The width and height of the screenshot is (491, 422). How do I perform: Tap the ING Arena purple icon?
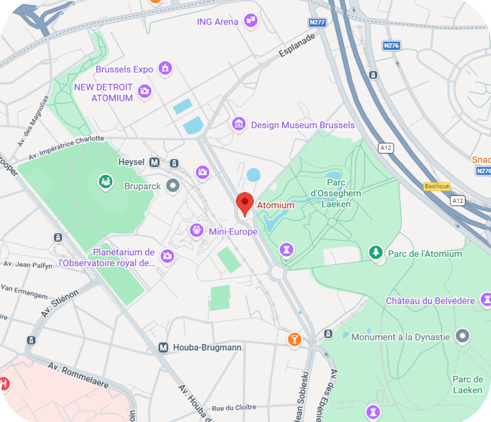[251, 21]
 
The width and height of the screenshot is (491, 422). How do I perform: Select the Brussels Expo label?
[124, 69]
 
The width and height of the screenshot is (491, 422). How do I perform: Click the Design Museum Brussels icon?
[239, 125]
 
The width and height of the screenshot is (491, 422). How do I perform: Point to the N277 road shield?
[317, 23]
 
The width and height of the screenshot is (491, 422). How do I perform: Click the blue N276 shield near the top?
[391, 45]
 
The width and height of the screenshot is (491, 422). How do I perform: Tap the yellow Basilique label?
[436, 186]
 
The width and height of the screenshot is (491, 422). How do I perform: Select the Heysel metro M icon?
[155, 162]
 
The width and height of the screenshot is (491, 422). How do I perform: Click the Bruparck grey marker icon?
[172, 186]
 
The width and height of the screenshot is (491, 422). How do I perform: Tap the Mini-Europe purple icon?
[197, 230]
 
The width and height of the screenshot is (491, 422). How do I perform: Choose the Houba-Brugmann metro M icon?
[164, 347]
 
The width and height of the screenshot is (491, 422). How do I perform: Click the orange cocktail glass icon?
[294, 339]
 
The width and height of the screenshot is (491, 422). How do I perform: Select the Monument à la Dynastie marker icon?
[462, 336]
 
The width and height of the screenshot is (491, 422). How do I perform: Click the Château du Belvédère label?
[430, 301]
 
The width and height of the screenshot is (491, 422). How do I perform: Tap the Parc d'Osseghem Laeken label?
[336, 193]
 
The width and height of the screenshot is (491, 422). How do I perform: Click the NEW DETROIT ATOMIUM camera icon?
[144, 91]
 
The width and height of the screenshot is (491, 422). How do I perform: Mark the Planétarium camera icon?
[167, 256]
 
